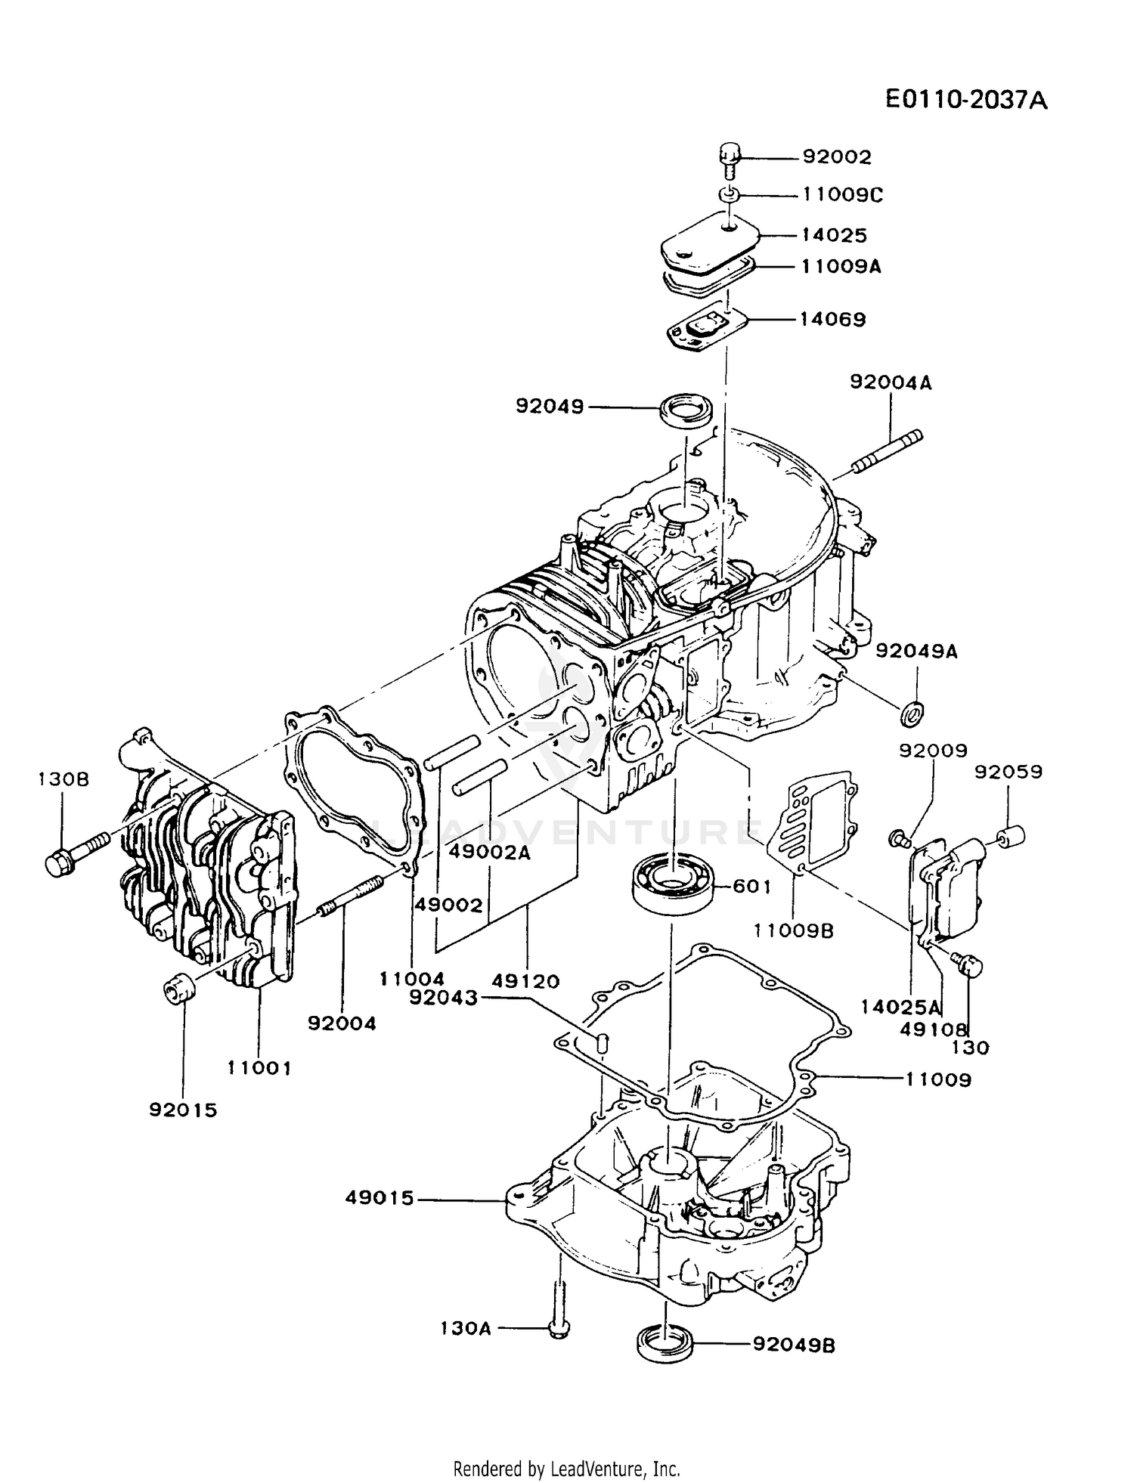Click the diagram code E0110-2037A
(967, 100)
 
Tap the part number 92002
(837, 157)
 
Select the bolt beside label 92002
(729, 159)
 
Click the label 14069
(833, 319)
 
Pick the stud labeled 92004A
(889, 453)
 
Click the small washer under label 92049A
(912, 711)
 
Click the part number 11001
(259, 1068)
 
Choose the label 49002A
(490, 852)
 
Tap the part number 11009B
(794, 931)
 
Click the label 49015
(380, 1198)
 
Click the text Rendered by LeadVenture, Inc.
(567, 1469)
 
